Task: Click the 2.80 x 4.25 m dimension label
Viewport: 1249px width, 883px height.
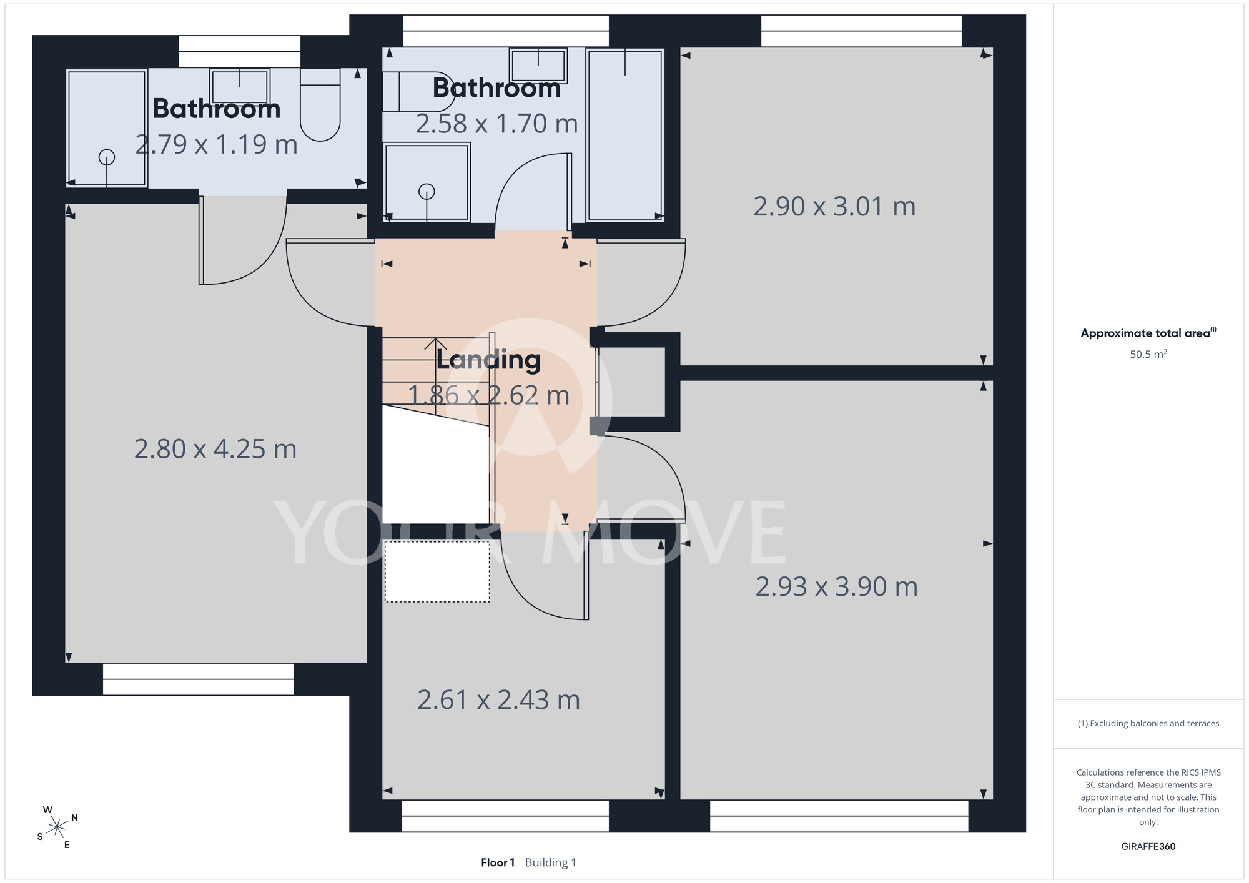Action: [215, 449]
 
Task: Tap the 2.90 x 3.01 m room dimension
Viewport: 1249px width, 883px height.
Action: [834, 207]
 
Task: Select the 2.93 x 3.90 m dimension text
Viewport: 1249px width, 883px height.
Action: [836, 587]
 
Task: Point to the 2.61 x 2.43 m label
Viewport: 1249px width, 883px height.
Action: [498, 700]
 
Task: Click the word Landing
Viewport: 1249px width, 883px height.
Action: [488, 360]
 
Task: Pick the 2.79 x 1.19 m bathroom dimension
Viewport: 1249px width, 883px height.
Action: [216, 145]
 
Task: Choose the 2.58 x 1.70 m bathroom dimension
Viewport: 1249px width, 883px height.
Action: [496, 124]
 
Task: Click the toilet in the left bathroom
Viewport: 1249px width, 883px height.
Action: [320, 104]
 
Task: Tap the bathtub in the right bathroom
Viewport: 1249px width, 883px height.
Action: [625, 135]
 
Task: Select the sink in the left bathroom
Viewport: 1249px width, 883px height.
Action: [239, 86]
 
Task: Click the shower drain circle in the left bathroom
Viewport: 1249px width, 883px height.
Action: [107, 157]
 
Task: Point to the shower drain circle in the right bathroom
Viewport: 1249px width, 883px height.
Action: [427, 192]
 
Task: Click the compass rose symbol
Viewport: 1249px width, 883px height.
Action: [57, 827]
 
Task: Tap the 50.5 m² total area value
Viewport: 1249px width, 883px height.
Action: [1148, 354]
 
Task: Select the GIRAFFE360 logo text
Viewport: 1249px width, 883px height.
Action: [1148, 847]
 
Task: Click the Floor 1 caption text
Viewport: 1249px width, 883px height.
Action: [498, 862]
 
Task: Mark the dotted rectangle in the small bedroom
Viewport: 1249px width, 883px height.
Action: [437, 572]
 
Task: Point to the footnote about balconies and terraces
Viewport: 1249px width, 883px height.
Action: [1148, 723]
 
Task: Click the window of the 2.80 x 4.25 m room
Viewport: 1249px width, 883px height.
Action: [198, 679]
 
